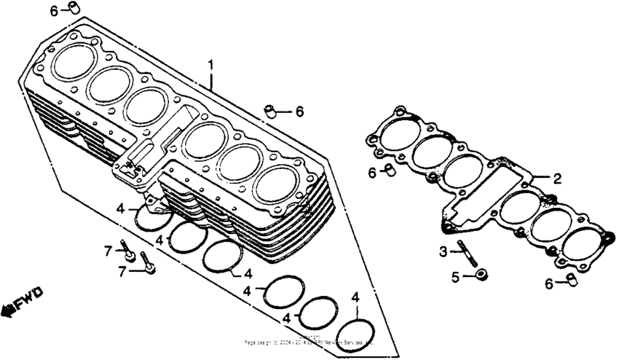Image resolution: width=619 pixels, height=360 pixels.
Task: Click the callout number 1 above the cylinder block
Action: [x=211, y=65]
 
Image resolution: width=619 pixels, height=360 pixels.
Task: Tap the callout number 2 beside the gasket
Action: [x=557, y=178]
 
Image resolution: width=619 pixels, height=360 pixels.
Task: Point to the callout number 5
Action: [x=454, y=277]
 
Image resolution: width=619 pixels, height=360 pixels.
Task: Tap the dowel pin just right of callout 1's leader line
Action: [x=271, y=111]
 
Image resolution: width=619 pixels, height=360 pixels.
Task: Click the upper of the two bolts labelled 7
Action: [x=129, y=251]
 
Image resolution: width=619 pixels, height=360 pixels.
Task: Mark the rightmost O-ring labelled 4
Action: [x=356, y=332]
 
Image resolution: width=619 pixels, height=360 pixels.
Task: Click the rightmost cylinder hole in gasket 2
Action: [x=586, y=244]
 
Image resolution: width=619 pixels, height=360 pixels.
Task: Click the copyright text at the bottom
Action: [x=309, y=341]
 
